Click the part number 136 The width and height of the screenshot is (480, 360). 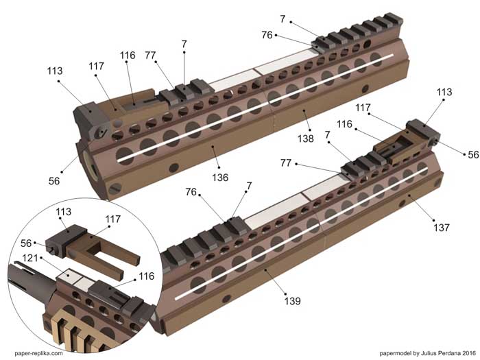220,178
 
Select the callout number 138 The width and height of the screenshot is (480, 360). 306,139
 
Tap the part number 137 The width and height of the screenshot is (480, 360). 441,228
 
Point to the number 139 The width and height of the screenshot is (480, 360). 292,301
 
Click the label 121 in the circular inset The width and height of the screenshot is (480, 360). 30,258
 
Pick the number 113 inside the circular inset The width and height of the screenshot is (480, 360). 63,211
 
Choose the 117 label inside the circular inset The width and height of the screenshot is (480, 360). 113,219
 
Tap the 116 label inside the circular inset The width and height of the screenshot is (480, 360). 146,276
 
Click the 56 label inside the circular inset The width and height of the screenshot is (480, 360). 26,243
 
